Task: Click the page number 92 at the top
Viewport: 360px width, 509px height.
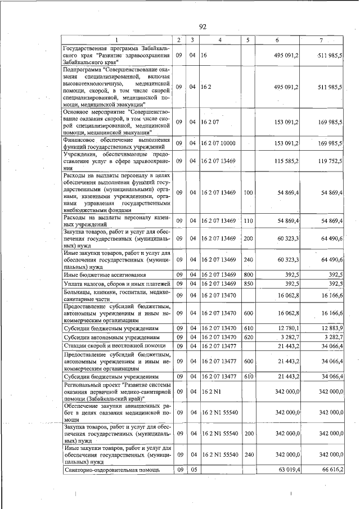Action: point(203,26)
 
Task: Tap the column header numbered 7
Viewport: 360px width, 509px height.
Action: point(321,40)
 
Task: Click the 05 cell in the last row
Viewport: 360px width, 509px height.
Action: point(192,469)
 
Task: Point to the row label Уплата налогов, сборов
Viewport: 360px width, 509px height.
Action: point(117,283)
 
